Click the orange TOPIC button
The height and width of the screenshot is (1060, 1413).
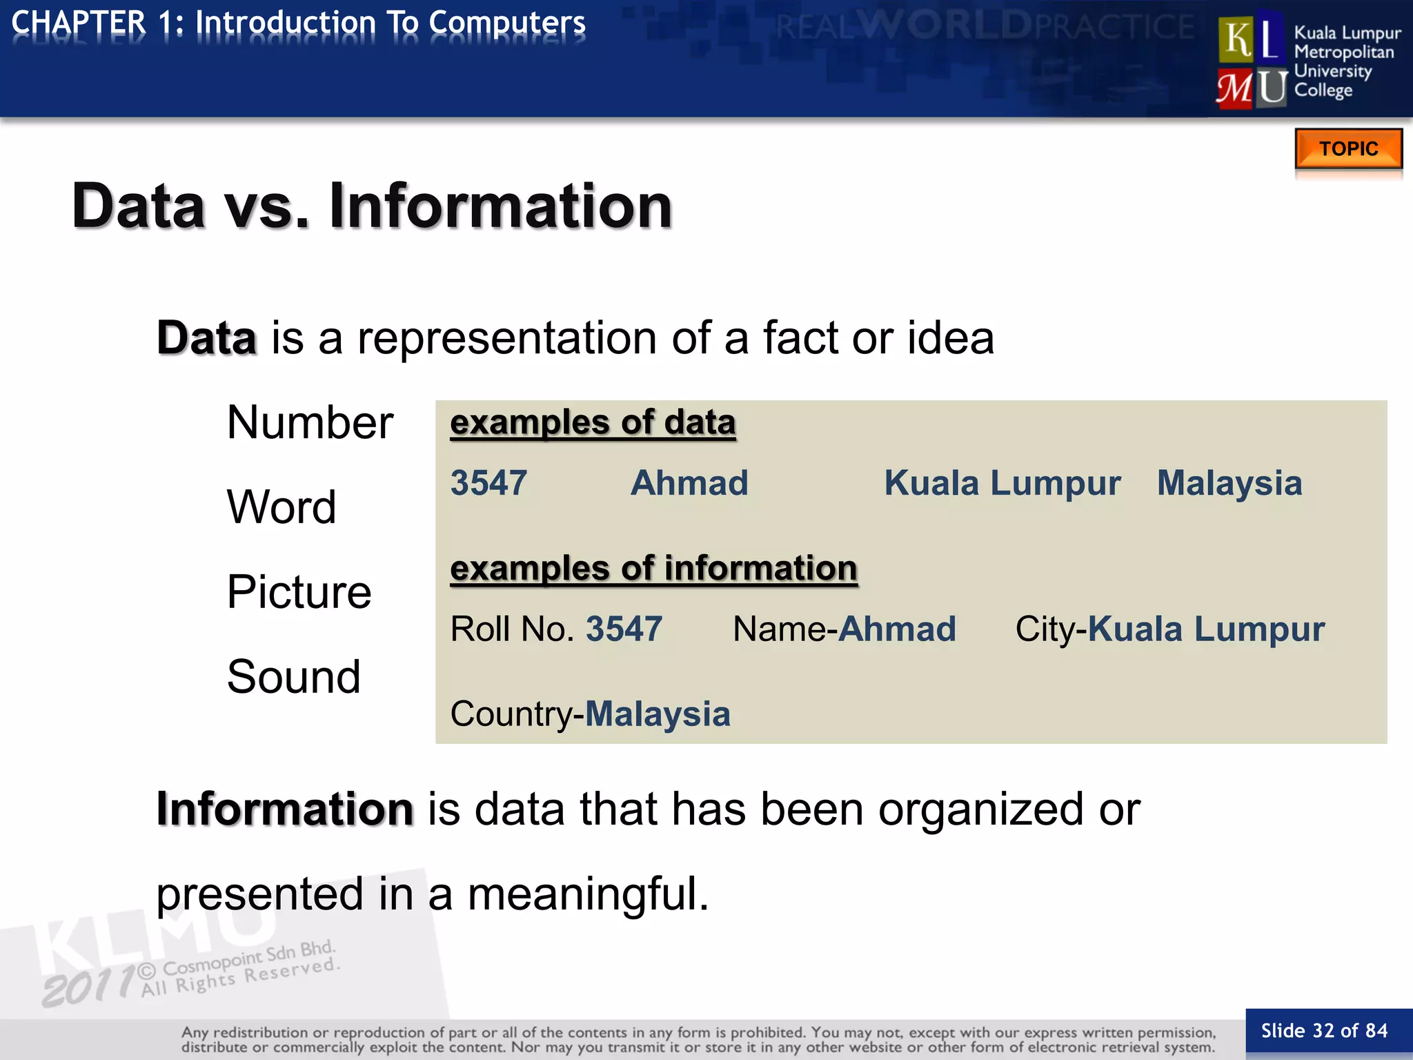point(1348,148)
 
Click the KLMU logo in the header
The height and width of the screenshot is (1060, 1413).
point(1252,62)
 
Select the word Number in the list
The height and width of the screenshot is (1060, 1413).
point(310,422)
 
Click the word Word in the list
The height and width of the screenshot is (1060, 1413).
point(281,507)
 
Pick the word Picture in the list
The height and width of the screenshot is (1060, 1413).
point(299,591)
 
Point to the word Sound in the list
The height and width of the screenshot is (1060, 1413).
point(294,676)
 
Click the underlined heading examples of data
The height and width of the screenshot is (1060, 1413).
point(593,422)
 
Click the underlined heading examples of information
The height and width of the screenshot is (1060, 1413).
point(653,569)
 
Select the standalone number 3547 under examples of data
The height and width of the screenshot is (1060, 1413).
point(488,482)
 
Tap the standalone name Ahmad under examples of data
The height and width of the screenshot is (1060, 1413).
point(689,482)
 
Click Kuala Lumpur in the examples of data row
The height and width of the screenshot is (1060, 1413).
point(1002,482)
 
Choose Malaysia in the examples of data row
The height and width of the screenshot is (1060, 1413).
point(1229,482)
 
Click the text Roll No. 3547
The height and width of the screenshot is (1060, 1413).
point(556,629)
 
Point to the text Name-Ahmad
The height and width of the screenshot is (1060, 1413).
point(844,629)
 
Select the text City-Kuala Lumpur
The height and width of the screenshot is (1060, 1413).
point(1169,629)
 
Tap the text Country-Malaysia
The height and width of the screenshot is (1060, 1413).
point(590,714)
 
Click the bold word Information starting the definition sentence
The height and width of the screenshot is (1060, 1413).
point(285,809)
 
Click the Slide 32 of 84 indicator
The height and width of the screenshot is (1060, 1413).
point(1324,1031)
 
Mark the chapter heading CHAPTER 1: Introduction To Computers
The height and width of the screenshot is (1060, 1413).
point(299,23)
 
